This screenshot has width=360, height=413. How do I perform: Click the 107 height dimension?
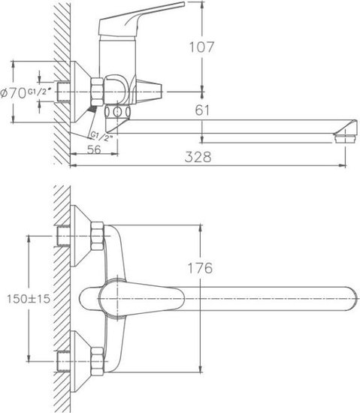pos(201,47)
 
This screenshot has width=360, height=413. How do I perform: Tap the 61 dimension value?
pos(202,110)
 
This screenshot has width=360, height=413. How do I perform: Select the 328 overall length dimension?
pos(198,157)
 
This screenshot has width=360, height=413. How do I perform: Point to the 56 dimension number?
pos(94,149)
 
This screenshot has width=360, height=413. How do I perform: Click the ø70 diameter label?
pos(14,94)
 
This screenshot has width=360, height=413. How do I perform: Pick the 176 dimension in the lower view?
pos(200,268)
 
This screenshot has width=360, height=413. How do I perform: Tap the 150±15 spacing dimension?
pos(29,299)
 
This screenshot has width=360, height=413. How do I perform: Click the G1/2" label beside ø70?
pos(39,92)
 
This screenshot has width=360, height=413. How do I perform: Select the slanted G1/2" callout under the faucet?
pos(101,137)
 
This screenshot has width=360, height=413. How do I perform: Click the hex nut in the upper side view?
pos(97,92)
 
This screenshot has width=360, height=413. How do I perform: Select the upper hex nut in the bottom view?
pos(97,236)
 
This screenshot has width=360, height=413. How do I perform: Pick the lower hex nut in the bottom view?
pos(97,361)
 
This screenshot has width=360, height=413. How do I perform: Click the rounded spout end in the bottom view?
pos(352,299)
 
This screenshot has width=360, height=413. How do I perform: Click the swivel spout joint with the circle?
pos(117,112)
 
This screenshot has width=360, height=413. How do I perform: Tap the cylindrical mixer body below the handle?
pos(117,56)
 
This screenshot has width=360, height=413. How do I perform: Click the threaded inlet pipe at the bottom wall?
pos(63,361)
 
